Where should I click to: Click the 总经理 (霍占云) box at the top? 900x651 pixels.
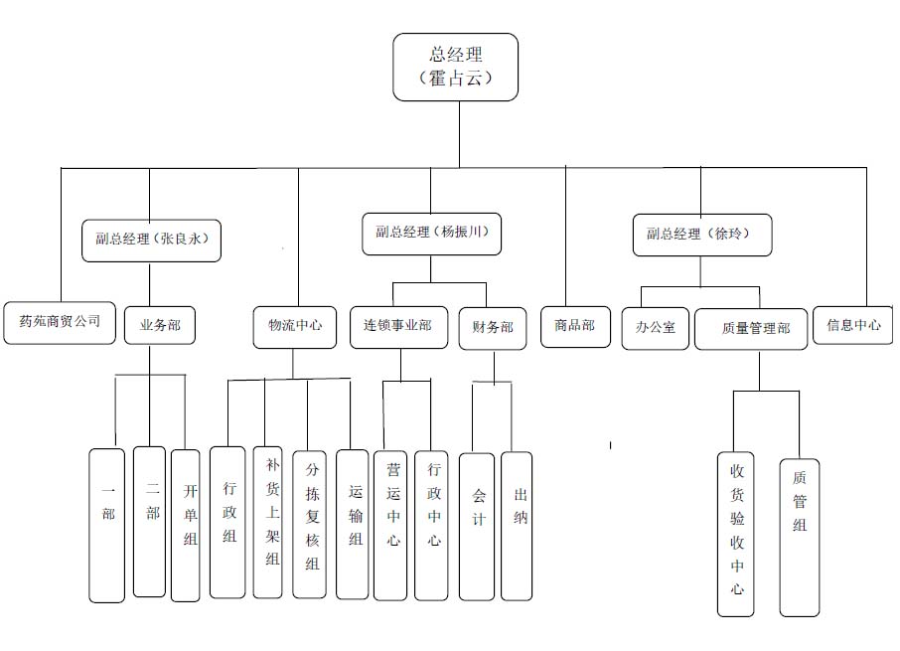[456, 67]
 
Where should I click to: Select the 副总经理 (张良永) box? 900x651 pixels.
[150, 240]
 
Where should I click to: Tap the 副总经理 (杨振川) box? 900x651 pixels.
[430, 234]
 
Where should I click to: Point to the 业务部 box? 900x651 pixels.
[160, 324]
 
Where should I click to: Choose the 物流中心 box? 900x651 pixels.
[295, 325]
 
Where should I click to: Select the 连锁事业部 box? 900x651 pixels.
[397, 325]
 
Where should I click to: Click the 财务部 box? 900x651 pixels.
[493, 327]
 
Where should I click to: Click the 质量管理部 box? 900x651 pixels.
[757, 328]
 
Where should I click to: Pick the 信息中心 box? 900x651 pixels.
[852, 324]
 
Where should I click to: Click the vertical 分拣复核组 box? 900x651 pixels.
[310, 525]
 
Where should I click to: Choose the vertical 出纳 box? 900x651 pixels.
[517, 526]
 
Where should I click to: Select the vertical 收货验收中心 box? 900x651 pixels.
[736, 534]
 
